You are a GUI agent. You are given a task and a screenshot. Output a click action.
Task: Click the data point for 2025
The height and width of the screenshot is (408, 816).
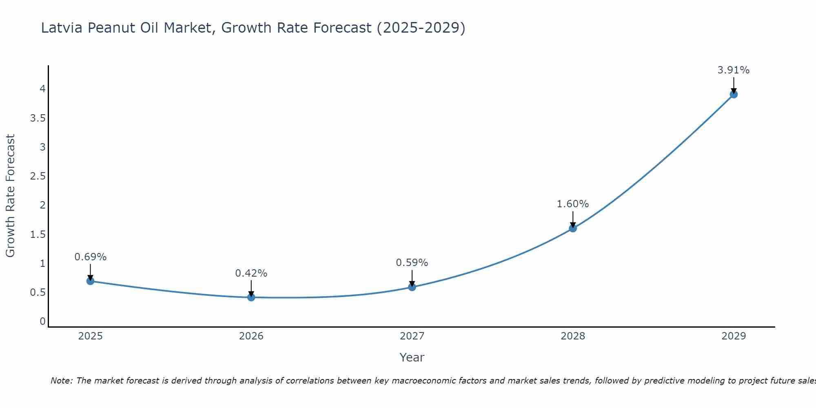click(x=91, y=281)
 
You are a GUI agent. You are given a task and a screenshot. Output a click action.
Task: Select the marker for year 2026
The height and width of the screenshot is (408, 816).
click(x=251, y=297)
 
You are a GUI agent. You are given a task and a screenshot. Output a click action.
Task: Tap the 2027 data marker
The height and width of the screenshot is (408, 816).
click(x=412, y=287)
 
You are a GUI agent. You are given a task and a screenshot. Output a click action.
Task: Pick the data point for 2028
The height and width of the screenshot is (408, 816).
click(x=573, y=228)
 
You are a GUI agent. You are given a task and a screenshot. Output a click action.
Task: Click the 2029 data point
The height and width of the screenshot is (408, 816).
click(x=734, y=94)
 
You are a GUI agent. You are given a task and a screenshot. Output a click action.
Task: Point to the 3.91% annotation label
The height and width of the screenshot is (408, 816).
click(x=734, y=70)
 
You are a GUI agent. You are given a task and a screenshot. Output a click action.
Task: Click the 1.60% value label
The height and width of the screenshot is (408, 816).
click(x=573, y=204)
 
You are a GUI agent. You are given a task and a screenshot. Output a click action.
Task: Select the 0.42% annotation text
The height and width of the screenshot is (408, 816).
click(x=251, y=273)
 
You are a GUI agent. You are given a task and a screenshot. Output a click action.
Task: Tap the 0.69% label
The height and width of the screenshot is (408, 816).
click(x=91, y=257)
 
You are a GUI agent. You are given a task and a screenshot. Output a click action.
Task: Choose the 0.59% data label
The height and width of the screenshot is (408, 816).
click(x=412, y=263)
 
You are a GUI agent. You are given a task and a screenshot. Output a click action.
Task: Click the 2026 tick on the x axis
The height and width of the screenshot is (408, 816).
click(x=251, y=336)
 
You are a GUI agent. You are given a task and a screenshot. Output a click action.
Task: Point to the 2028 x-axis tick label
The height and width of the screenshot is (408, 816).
click(x=573, y=336)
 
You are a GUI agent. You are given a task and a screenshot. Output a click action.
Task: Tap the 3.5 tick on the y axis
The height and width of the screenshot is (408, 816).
click(x=38, y=118)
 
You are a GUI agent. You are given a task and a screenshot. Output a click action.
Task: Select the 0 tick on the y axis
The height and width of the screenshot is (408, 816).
click(x=42, y=322)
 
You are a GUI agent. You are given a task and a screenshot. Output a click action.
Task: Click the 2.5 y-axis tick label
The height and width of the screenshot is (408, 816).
click(x=38, y=176)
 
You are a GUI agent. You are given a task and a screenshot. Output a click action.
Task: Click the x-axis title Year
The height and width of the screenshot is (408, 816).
click(x=412, y=357)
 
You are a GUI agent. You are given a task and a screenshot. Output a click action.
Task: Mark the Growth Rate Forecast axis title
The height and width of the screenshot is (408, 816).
click(x=11, y=196)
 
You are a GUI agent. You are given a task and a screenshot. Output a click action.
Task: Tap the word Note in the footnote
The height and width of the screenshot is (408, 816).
click(x=61, y=381)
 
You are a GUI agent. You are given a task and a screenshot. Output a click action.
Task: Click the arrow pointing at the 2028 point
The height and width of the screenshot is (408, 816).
click(x=573, y=219)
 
